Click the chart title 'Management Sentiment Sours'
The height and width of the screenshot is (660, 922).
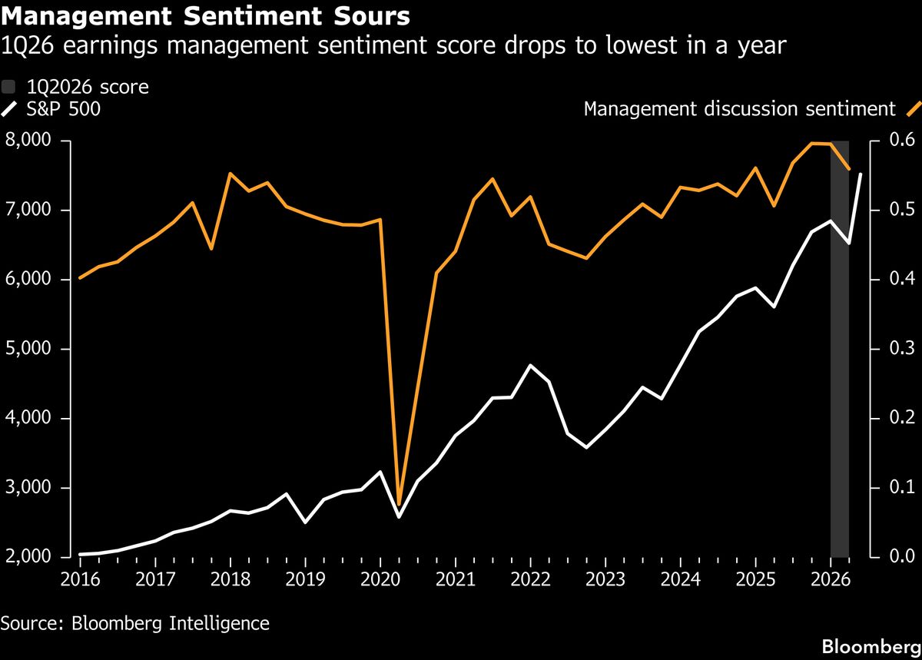(x=205, y=16)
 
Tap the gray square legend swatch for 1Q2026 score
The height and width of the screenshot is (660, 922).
(x=8, y=87)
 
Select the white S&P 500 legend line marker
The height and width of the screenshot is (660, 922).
(x=9, y=109)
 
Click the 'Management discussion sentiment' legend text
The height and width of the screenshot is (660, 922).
(x=740, y=109)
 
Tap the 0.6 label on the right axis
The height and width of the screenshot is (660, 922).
(x=902, y=140)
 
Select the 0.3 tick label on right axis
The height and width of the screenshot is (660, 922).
(x=902, y=348)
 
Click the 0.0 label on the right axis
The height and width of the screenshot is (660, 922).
(x=902, y=556)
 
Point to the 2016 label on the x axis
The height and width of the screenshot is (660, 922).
(x=80, y=580)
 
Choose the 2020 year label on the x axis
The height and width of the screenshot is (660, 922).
(x=380, y=580)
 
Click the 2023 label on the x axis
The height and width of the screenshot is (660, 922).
(x=605, y=580)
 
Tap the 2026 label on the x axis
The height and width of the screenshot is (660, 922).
(x=831, y=580)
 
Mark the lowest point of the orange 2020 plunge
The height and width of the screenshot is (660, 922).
(x=399, y=505)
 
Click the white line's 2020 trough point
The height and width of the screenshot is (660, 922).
(x=399, y=517)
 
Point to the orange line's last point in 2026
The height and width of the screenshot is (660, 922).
(x=849, y=169)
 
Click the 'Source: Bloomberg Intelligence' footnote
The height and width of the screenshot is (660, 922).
(x=135, y=624)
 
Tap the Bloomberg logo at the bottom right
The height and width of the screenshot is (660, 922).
(x=871, y=647)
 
